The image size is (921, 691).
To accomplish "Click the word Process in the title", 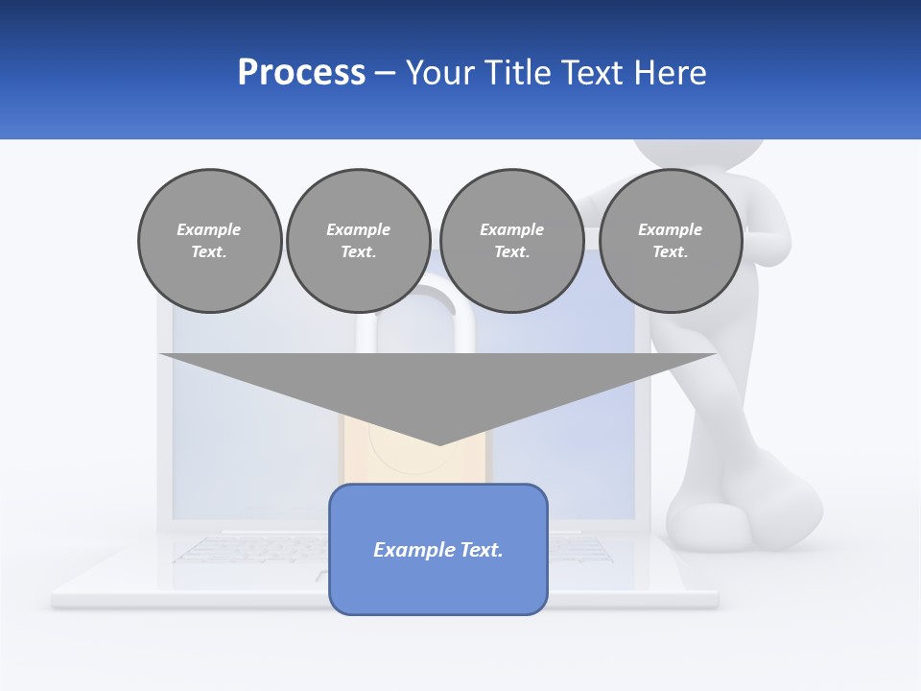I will coord(301,73).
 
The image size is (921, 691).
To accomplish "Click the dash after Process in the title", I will coord(385,74).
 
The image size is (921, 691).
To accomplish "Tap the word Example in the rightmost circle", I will coord(670,229).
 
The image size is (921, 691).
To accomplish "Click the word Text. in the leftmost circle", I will coord(209,252).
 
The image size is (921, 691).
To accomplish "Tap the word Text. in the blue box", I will coord(480,550).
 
